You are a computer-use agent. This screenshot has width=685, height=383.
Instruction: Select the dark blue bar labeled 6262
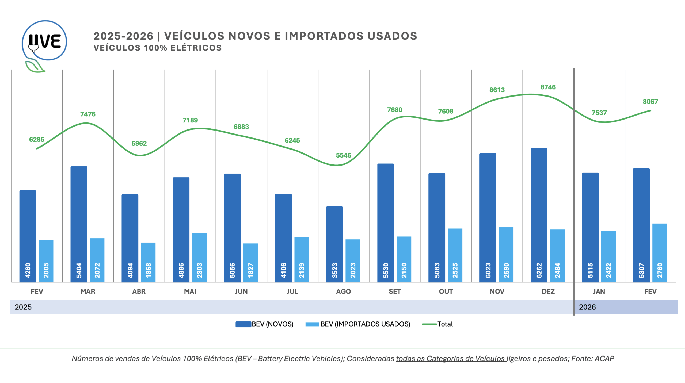pos(539,215)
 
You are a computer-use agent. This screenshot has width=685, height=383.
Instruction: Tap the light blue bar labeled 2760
pos(659,252)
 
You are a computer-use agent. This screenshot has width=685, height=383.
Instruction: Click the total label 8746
pos(548,87)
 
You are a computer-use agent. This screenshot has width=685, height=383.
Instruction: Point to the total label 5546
pos(343,155)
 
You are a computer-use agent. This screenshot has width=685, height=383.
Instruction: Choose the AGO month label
pos(343,292)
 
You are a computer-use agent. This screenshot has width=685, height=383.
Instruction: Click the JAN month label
pos(599,292)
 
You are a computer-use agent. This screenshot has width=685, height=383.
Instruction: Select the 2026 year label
pos(587,307)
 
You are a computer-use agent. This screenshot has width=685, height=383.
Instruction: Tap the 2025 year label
pos(23,307)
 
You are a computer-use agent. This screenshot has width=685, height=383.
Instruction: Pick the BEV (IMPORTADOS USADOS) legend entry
pos(358,324)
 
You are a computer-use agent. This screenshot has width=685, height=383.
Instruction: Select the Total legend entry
pos(437,324)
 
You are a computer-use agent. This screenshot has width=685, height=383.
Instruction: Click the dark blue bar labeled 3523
pos(334,244)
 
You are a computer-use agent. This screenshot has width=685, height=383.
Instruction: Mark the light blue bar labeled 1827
pos(250,263)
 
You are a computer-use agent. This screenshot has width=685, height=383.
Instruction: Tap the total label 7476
pos(88,114)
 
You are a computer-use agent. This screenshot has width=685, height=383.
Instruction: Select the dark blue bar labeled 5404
pos(79,224)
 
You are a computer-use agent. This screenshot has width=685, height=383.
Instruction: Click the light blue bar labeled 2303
pos(199,258)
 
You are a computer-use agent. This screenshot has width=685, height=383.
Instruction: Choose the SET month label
pos(395,292)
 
